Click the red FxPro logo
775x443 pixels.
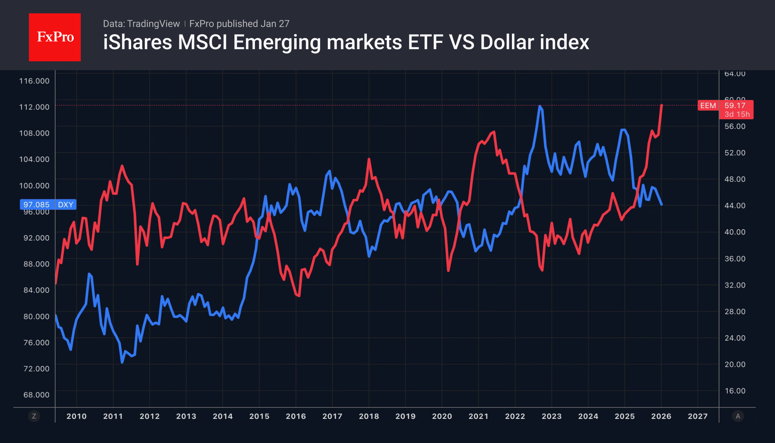(x=55, y=37)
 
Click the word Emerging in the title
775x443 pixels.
(x=277, y=42)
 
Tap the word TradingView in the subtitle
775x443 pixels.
(x=153, y=24)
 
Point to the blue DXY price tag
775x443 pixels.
(x=48, y=204)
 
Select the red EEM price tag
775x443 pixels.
(x=708, y=106)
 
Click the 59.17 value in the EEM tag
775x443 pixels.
(x=735, y=106)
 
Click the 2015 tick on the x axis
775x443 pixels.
(x=259, y=416)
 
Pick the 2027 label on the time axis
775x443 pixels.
(x=698, y=416)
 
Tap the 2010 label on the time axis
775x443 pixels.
(x=76, y=416)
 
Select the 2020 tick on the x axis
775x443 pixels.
(x=442, y=416)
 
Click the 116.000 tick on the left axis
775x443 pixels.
(x=34, y=81)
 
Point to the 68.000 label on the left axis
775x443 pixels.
(x=36, y=395)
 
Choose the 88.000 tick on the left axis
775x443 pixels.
(x=36, y=264)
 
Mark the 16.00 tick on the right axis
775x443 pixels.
(x=735, y=391)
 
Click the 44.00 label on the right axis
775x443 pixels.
(x=735, y=206)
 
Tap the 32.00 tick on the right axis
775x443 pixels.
(x=735, y=285)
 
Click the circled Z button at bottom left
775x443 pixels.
(x=34, y=416)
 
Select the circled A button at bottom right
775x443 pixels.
(x=738, y=416)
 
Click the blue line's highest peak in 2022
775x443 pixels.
(x=540, y=106)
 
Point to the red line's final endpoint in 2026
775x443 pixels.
(x=662, y=106)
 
